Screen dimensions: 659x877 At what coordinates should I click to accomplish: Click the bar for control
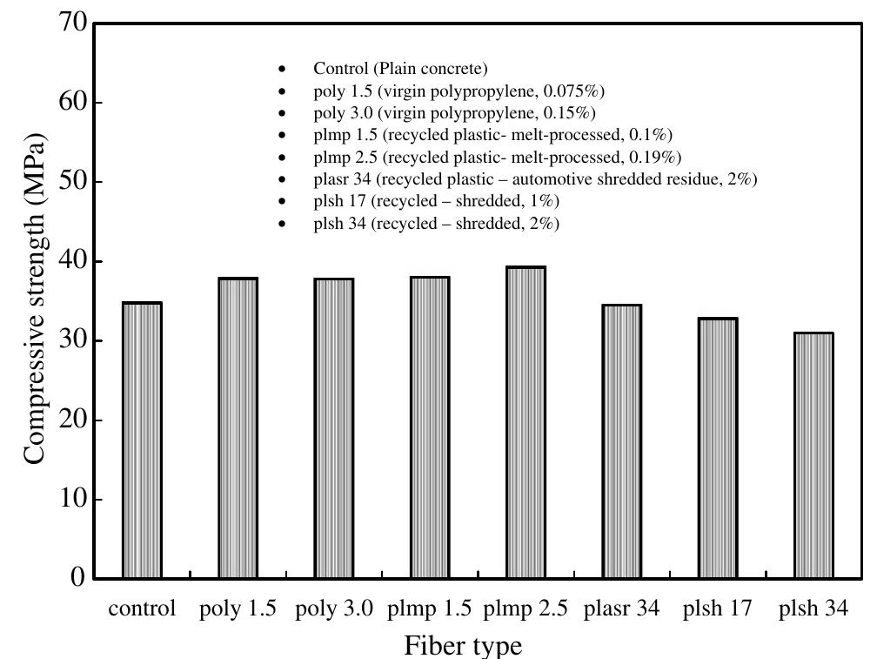[142, 440]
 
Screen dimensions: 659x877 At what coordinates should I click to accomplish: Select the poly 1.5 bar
[238, 428]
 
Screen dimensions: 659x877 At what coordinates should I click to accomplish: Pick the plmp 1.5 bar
[430, 427]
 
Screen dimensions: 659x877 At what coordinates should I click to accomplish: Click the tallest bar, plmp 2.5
[526, 422]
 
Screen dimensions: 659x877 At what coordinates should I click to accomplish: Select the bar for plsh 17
[718, 448]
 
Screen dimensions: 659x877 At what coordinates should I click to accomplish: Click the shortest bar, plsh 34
[813, 455]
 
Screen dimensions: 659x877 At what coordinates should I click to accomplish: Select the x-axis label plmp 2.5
[526, 609]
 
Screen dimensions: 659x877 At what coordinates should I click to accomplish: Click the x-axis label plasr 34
[622, 609]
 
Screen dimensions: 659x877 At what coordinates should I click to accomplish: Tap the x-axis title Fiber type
[463, 645]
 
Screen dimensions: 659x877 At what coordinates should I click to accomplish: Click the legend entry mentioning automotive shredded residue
[535, 179]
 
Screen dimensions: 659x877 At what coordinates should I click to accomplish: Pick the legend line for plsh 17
[436, 201]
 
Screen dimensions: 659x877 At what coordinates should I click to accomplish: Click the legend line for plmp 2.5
[497, 157]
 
